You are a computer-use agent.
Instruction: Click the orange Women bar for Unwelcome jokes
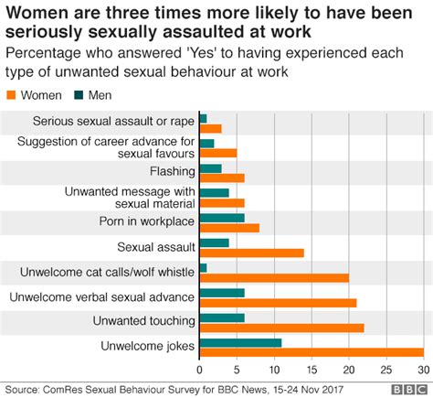click(311, 352)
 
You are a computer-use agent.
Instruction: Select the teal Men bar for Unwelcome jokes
click(240, 342)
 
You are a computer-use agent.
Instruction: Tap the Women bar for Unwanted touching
click(281, 328)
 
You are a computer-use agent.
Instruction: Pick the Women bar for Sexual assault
click(251, 253)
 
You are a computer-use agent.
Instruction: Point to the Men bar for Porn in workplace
click(222, 217)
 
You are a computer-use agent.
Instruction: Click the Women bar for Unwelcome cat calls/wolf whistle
click(274, 277)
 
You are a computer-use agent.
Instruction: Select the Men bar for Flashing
click(210, 167)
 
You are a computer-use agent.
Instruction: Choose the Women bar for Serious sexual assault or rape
click(210, 128)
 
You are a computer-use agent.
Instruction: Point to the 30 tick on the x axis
click(422, 369)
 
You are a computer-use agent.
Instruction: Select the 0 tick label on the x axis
click(199, 369)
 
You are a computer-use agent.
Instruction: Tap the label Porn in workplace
click(147, 221)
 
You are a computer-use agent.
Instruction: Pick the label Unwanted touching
click(143, 321)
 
